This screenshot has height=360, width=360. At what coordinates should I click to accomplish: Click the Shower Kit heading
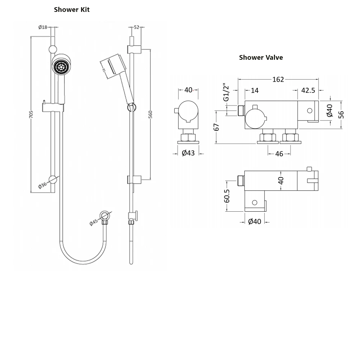(x=72, y=10)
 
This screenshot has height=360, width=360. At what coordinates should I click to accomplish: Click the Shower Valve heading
(x=261, y=58)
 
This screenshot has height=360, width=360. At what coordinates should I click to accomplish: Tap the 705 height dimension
(x=31, y=114)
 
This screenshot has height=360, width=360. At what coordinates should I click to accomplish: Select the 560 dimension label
(x=150, y=114)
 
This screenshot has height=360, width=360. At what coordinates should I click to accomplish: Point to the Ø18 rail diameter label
(x=43, y=27)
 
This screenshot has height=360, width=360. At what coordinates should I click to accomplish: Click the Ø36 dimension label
(x=42, y=185)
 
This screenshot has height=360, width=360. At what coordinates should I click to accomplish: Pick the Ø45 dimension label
(x=94, y=222)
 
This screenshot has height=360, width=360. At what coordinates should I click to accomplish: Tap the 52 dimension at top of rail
(x=136, y=27)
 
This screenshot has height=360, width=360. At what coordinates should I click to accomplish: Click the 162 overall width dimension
(x=278, y=80)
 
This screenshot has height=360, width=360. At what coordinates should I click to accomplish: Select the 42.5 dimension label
(x=308, y=90)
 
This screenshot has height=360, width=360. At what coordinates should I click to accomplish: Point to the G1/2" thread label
(x=226, y=93)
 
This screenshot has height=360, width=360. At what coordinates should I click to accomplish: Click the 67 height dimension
(x=216, y=127)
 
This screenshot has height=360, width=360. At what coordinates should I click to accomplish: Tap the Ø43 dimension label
(x=188, y=153)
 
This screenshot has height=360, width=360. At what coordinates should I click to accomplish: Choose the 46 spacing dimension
(x=279, y=154)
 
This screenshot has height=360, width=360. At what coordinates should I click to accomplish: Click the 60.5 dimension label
(x=227, y=196)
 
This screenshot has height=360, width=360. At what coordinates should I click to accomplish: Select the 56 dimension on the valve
(x=341, y=114)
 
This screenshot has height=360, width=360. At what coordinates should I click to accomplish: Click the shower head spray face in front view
(x=60, y=67)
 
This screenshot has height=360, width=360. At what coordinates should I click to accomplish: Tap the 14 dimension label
(x=255, y=90)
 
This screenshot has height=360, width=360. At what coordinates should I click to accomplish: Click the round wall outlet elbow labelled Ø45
(x=105, y=216)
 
